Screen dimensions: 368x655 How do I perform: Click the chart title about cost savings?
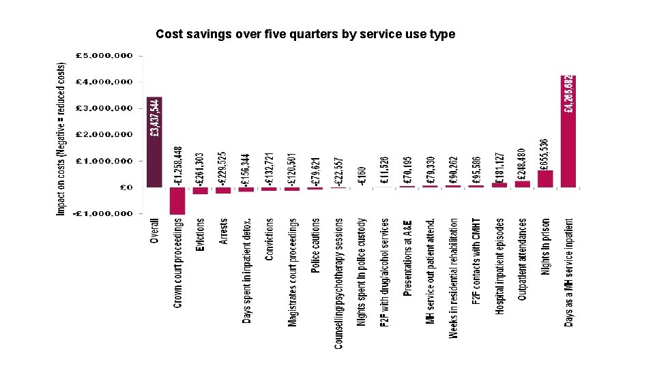coord(305,34)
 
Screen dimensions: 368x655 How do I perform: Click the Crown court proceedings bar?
coord(177,200)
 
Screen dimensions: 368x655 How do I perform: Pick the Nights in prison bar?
coord(545,178)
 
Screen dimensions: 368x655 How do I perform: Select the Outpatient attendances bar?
coord(522,183)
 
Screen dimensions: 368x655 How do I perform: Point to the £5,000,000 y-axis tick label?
coord(104,55)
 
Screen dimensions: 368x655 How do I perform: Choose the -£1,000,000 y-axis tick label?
coord(104,214)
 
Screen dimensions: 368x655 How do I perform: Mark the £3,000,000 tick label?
coord(104,108)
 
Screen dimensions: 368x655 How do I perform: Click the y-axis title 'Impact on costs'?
coord(61,140)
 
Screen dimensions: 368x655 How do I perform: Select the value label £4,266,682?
coord(568,95)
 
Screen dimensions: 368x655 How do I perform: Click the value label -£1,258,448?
coord(178,166)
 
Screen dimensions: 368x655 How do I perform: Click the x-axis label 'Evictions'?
coord(200,236)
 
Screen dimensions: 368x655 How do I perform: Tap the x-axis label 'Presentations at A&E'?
coord(407,258)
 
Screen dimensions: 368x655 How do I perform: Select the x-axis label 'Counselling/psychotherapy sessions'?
coord(338,283)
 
